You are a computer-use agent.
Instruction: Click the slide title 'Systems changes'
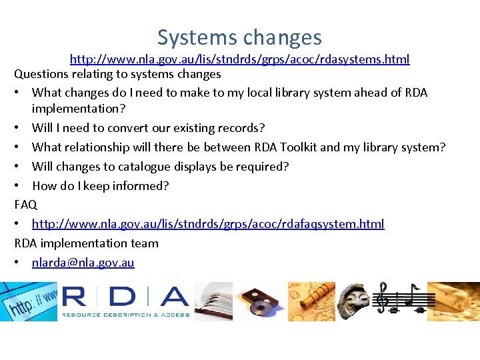tap(239, 37)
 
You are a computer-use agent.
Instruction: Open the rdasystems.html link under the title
tap(239, 59)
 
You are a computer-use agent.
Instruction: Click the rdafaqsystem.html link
tap(208, 224)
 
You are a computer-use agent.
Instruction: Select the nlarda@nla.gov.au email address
tap(83, 263)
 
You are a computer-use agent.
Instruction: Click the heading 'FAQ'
tap(26, 205)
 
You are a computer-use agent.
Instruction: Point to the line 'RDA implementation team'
tap(86, 243)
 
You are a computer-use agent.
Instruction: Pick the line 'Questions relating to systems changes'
tap(117, 74)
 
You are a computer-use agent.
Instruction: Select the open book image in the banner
tap(213, 301)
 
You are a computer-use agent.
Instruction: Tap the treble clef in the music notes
tap(383, 297)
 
